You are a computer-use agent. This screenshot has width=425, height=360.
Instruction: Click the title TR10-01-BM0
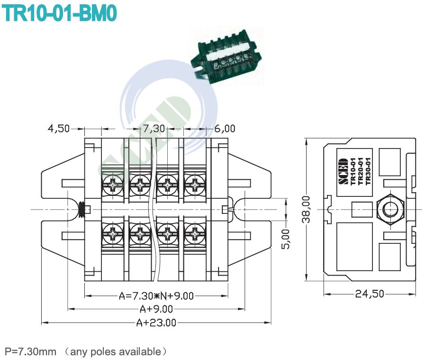click(59, 13)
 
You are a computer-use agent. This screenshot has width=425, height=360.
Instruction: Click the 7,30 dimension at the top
click(154, 129)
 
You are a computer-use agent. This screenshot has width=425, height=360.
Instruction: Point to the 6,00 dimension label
click(224, 129)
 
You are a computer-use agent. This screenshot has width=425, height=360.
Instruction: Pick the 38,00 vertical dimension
click(307, 209)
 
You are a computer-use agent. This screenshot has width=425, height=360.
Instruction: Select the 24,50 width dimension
click(370, 294)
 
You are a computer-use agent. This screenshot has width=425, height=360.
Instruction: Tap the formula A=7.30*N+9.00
click(156, 296)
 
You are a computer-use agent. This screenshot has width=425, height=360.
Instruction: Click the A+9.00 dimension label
click(156, 309)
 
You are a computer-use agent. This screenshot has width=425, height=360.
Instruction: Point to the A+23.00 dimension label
click(156, 323)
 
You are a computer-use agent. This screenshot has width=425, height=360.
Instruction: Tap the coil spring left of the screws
click(82, 209)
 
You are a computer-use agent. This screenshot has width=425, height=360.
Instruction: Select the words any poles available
click(115, 351)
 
